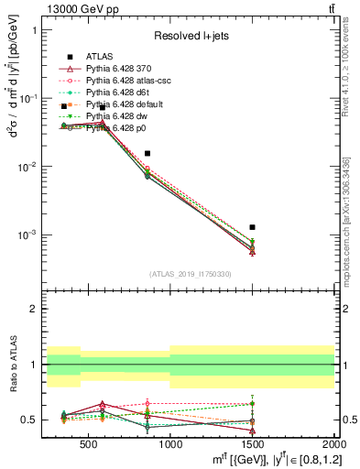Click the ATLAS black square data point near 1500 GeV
[252, 227]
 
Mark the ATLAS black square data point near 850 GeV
[147, 154]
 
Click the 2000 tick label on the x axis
[333, 444]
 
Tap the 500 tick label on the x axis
[88, 444]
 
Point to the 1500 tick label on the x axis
[252, 444]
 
